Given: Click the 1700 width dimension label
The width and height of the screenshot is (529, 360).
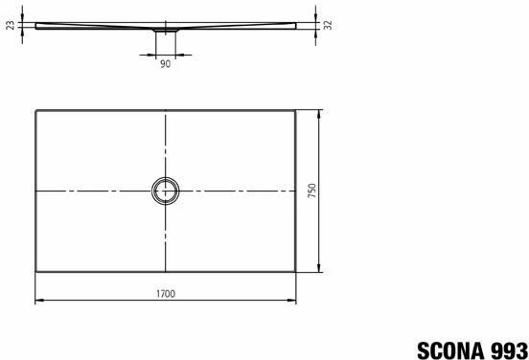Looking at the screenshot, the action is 166,294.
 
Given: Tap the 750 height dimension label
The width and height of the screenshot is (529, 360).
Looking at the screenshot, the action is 312,191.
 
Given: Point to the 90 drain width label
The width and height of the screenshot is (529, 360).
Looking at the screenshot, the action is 165,64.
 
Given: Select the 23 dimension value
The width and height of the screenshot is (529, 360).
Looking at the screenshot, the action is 11,25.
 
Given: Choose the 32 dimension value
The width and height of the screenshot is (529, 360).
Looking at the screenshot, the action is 328,25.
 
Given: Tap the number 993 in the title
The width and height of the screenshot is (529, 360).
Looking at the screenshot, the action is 510,350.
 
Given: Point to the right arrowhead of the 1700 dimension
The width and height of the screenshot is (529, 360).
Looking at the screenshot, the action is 291,300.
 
